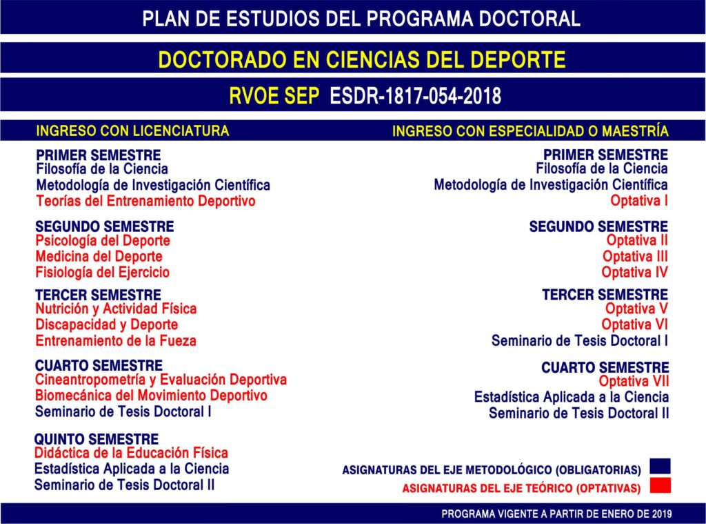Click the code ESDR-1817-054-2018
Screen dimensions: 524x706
[415, 96]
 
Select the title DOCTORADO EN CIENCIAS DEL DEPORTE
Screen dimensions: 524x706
[361, 59]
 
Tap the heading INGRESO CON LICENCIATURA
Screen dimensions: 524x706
[132, 130]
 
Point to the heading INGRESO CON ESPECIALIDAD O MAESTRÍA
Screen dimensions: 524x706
[530, 131]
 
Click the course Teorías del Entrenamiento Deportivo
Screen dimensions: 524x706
[145, 202]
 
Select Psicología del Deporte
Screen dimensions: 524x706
[103, 241]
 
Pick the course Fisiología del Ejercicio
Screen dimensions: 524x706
[103, 272]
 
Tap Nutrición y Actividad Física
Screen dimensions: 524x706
[116, 309]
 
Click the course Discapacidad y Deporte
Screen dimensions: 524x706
[107, 324]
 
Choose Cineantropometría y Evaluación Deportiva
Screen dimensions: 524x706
[161, 380]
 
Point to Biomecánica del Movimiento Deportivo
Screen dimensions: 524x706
[151, 396]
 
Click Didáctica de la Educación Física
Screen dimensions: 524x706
[131, 453]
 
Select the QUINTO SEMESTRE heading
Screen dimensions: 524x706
[97, 439]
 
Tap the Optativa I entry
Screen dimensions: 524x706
[638, 202]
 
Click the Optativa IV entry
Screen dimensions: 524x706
[634, 272]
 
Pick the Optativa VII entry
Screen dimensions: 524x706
[633, 380]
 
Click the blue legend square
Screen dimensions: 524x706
[660, 467]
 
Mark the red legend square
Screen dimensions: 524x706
[660, 485]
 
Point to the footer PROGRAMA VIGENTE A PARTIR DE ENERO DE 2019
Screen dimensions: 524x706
[556, 514]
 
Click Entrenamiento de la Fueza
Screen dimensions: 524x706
[116, 340]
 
